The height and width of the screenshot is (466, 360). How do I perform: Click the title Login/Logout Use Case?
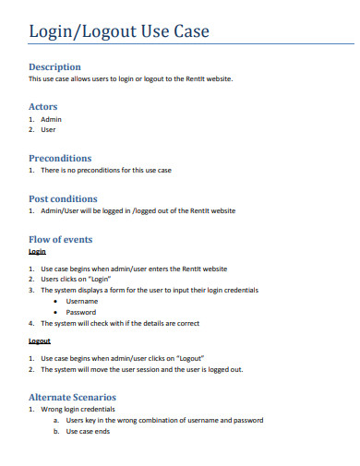pyautogui.click(x=119, y=32)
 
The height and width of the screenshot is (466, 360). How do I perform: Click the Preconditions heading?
pyautogui.click(x=60, y=158)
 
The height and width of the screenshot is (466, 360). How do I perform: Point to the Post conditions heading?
pyautogui.click(x=63, y=198)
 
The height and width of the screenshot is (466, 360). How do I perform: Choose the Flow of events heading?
pyautogui.click(x=61, y=239)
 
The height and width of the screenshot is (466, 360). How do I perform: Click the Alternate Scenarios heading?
pyautogui.click(x=73, y=397)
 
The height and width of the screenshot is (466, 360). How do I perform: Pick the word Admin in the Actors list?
pyautogui.click(x=52, y=120)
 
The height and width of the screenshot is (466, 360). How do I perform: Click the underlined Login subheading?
pyautogui.click(x=37, y=252)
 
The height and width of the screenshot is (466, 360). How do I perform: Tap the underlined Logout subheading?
pyautogui.click(x=39, y=341)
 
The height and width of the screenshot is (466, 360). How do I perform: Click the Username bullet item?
pyautogui.click(x=82, y=301)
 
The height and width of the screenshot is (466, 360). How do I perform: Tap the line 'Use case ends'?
pyautogui.click(x=88, y=431)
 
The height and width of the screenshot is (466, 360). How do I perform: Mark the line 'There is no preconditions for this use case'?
pyautogui.click(x=105, y=171)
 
